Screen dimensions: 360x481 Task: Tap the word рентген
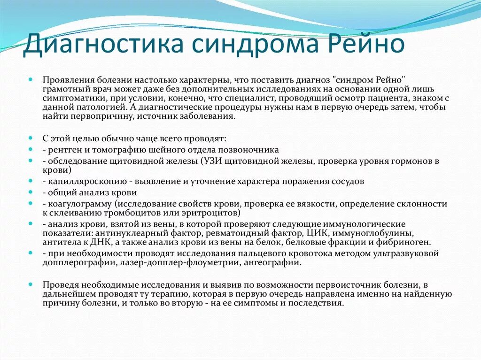point(62,150)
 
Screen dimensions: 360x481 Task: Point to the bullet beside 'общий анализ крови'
point(31,192)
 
